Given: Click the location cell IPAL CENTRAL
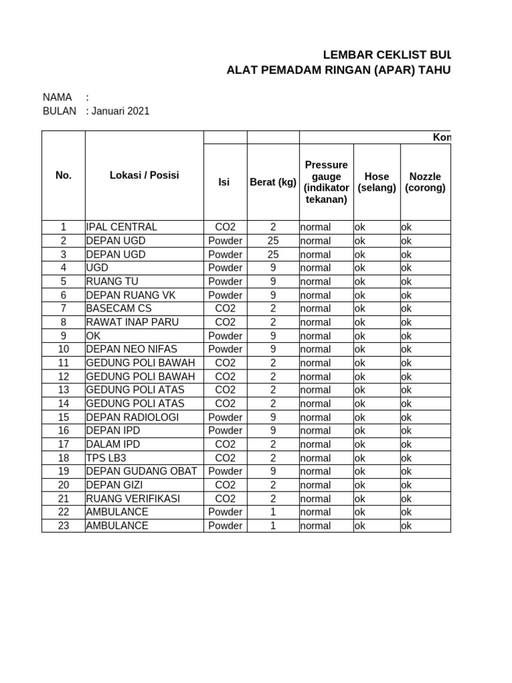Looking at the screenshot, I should point(122,227).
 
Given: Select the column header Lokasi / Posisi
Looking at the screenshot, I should point(144,175).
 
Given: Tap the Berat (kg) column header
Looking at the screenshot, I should point(273,182).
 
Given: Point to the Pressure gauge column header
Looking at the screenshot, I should point(326,182).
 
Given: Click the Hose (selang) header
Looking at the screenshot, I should point(377,182).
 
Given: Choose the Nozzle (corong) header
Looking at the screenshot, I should point(425,182).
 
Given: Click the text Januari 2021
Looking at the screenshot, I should point(120,111).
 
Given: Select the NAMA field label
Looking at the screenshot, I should point(57,97).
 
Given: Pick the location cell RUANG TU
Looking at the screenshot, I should point(112,281).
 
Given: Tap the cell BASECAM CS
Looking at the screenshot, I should point(119,308).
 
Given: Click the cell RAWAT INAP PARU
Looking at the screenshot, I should point(132,322).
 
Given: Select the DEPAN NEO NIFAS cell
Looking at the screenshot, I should point(132,349).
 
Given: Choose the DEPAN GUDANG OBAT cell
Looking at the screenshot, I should point(141,471).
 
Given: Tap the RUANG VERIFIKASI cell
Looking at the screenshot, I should point(133,498).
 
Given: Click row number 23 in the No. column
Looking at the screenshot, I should point(63,526).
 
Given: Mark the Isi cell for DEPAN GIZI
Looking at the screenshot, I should point(225,485).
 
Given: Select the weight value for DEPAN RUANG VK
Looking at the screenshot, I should point(273,295).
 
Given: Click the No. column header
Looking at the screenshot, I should point(63,175).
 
